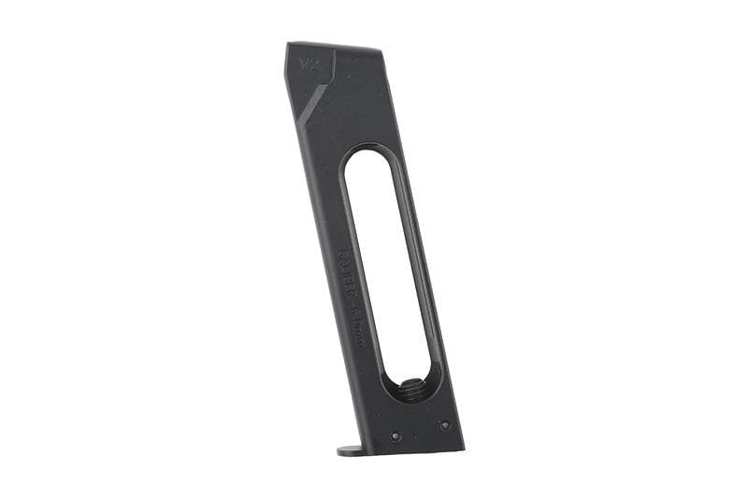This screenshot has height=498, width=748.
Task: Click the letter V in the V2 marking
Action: coord(301,66)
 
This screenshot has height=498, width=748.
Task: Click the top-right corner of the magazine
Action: coord(379,50)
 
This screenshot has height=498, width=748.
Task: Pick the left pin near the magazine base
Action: coord(396,436)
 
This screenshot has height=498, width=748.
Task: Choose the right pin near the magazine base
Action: coord(444,425)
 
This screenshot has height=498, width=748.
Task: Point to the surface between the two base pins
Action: coord(420,431)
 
